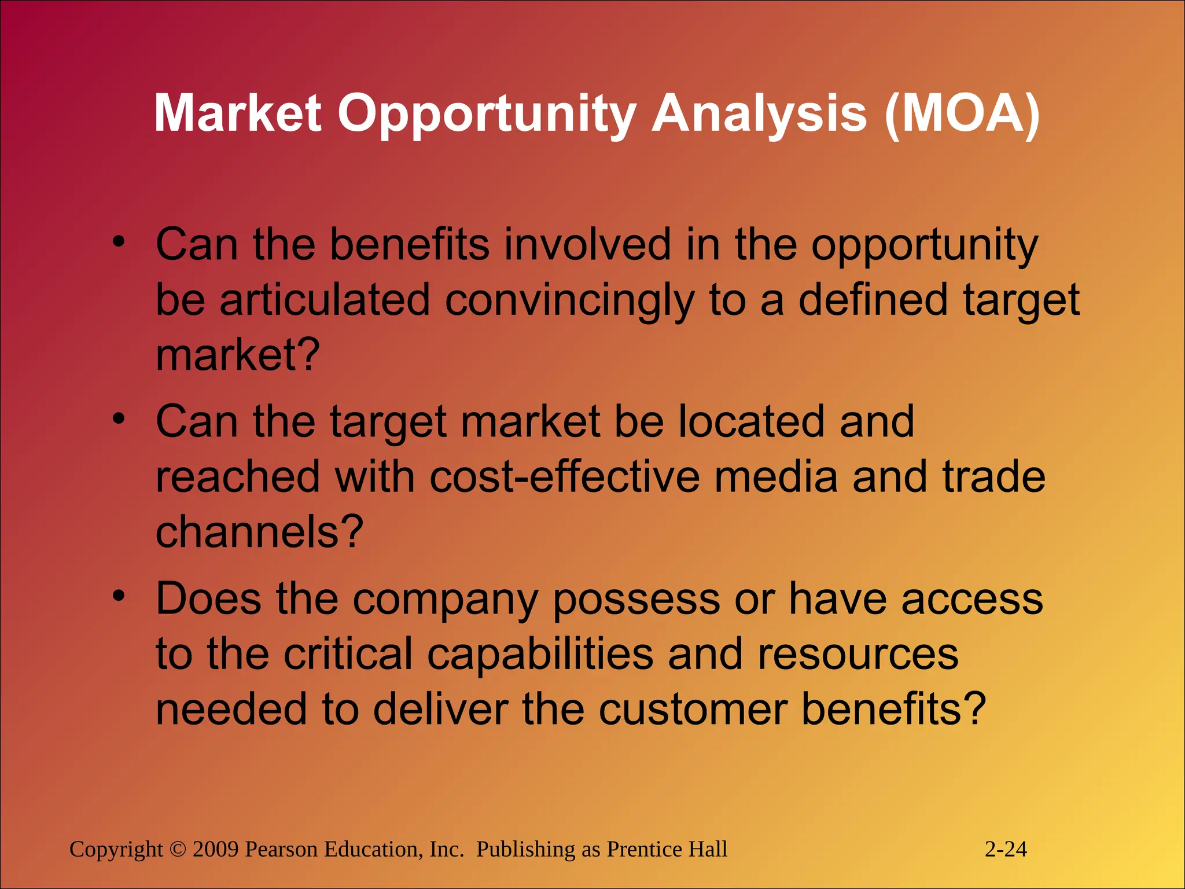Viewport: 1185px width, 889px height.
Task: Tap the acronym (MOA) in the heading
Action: tap(962, 114)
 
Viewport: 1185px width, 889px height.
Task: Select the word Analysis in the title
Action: tap(759, 114)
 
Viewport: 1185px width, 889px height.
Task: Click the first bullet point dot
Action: tap(119, 242)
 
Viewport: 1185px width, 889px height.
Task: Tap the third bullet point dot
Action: tap(119, 596)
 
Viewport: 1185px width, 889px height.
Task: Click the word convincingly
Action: tap(569, 301)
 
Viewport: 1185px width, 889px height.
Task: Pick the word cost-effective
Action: tap(564, 477)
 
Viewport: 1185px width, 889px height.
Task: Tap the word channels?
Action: tap(259, 532)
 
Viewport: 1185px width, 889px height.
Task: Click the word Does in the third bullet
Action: tap(208, 598)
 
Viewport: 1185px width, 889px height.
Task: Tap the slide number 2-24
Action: tap(1006, 849)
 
